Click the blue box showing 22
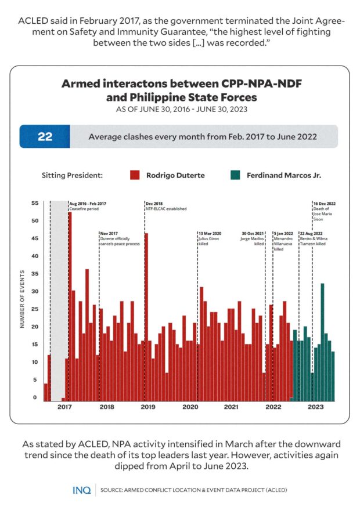[x=45, y=137]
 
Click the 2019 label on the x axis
[x=148, y=407]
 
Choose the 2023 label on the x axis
[x=315, y=407]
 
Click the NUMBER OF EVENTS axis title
[x=22, y=299]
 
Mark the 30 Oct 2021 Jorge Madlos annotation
[x=253, y=238]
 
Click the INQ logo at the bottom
[x=81, y=490]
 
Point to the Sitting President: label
[x=72, y=175]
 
